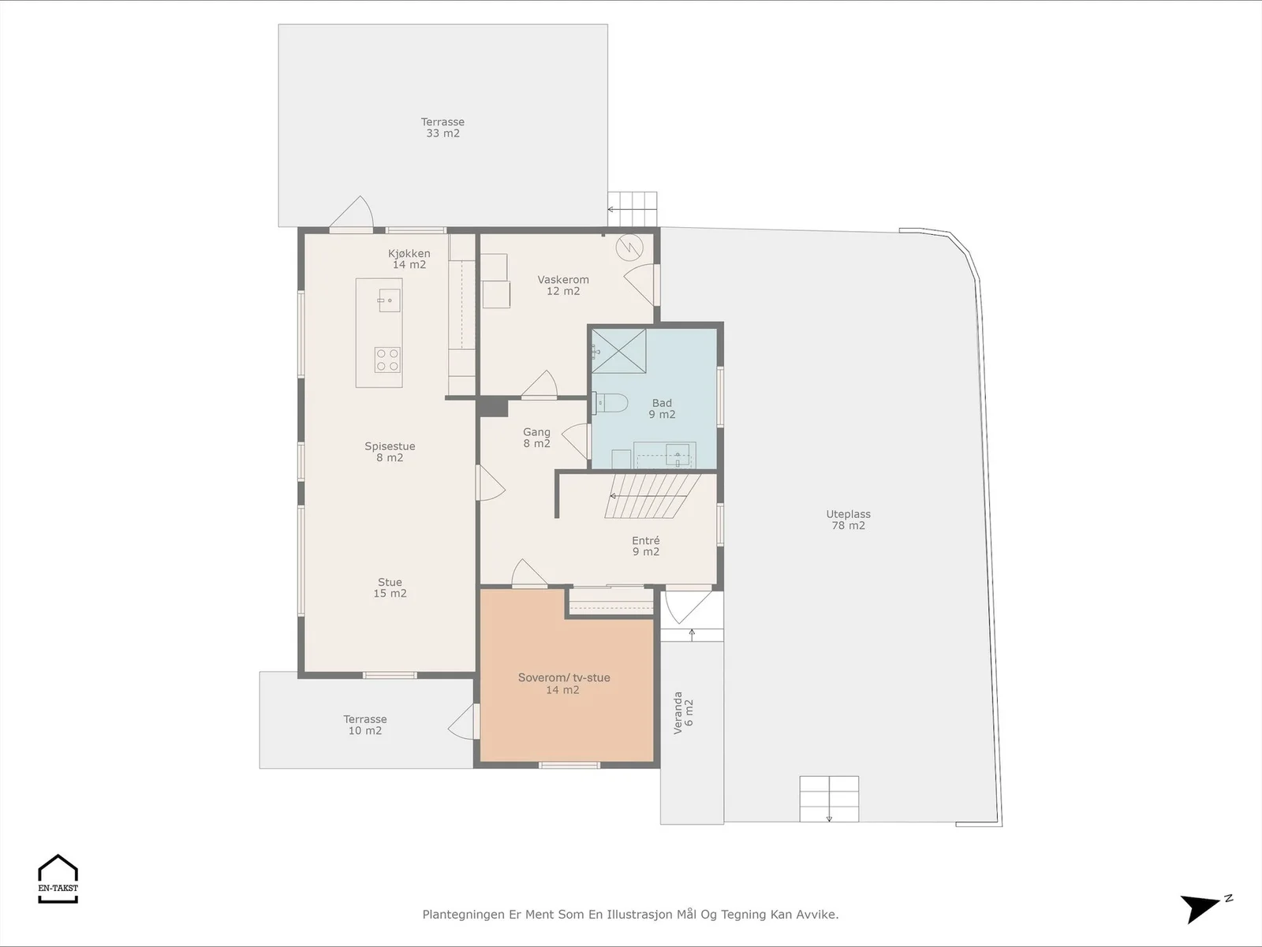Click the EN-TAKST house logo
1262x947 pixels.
coord(58,878)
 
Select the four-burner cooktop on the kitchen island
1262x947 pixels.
coord(387,360)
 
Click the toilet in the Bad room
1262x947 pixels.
coord(610,403)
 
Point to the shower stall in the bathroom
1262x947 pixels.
coord(618,351)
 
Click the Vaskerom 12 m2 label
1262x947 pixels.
coord(563,285)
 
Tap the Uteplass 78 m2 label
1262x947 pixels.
coord(848,520)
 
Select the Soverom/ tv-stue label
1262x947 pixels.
coord(563,677)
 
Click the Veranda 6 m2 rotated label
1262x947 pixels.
coord(684,713)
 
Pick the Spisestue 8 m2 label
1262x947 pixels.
coord(390,452)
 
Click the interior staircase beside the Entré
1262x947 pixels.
coord(652,496)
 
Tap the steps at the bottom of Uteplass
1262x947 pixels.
coord(829,799)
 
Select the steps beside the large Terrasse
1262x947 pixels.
coord(633,209)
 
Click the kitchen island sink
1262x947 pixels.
coord(389,300)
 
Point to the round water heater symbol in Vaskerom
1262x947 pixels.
coord(629,248)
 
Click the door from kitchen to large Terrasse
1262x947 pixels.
coord(351,214)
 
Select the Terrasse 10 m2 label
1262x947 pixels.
coord(365,725)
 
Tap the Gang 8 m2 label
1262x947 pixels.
coord(536,438)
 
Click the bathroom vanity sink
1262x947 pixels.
coord(678,455)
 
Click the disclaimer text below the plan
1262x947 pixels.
coord(630,914)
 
